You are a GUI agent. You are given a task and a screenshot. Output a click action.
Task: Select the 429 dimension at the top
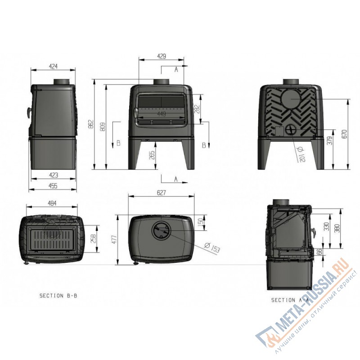pos(162,56)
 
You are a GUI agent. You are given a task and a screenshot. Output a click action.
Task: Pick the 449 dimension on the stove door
pos(161,114)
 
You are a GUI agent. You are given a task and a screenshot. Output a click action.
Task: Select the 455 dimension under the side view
pos(53,184)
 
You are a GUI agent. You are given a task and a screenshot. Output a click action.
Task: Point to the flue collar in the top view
pos(161,232)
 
